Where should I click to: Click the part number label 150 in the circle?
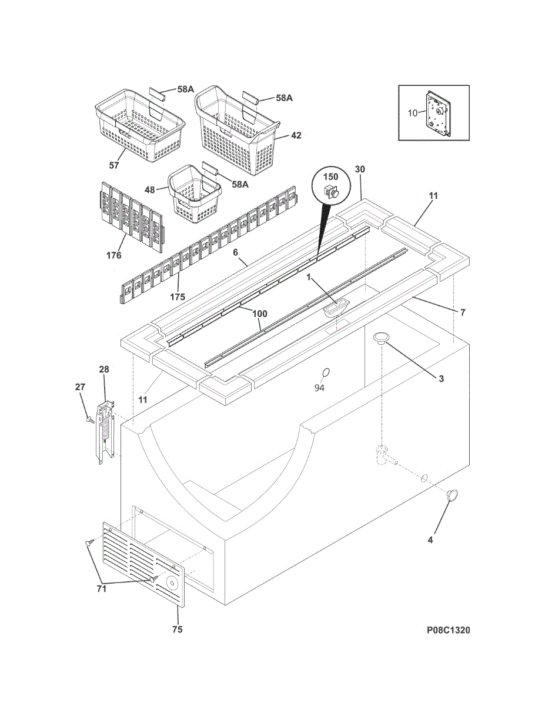click(x=332, y=176)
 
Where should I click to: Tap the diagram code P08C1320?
click(x=448, y=631)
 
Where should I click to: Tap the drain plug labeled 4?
click(x=453, y=495)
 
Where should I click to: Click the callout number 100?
click(x=260, y=314)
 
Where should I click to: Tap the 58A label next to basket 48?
click(x=240, y=184)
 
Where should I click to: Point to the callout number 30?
click(x=360, y=169)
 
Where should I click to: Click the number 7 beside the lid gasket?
click(x=463, y=312)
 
